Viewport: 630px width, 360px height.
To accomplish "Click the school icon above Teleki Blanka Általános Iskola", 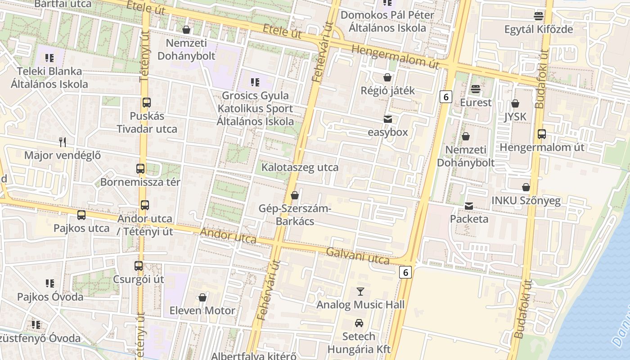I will point(49,58).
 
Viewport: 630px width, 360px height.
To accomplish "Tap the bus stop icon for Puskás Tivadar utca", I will point(147,102).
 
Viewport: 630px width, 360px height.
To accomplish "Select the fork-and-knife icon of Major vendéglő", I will point(63,142).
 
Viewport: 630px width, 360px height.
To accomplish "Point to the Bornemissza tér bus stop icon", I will point(140,169).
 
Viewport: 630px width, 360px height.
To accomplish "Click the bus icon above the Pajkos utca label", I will point(81,215).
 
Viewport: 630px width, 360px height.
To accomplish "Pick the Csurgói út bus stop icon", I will point(139,265).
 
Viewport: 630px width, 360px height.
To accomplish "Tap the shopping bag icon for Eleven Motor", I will point(202,297).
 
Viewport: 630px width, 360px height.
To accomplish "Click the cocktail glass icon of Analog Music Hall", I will point(360,291).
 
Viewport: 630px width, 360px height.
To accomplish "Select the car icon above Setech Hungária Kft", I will point(359,323).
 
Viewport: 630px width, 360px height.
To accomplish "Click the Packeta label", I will point(469,219).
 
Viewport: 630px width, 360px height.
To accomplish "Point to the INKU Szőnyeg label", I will point(526,201).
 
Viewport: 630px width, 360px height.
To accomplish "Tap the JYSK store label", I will point(515,117).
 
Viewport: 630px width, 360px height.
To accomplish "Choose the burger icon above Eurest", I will point(476,89).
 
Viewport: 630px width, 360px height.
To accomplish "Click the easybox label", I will point(387,132).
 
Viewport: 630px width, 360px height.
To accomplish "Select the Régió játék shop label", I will point(387,90).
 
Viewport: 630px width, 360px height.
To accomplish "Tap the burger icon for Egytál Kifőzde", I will point(539,16).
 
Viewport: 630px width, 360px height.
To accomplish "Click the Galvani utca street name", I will point(358,256).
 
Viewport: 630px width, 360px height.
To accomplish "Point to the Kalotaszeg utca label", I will point(300,167).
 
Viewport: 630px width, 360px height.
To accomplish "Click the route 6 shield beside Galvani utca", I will point(405,272).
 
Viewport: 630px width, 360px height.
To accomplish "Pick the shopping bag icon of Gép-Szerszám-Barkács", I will point(295,195).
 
